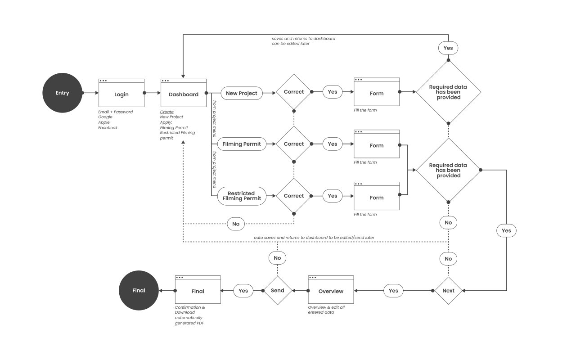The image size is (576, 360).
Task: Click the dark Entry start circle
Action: [62, 93]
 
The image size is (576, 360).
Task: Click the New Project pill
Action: [241, 93]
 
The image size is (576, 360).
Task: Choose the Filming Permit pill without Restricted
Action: [241, 144]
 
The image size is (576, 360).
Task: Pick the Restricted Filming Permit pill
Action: [241, 196]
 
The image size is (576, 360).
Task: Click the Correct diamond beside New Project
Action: [293, 92]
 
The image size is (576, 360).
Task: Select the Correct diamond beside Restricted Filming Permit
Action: [293, 196]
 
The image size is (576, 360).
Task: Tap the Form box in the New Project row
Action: [377, 93]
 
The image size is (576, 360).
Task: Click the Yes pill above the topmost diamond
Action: [448, 48]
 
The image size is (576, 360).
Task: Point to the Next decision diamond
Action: [448, 291]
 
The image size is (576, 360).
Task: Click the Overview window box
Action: [331, 291]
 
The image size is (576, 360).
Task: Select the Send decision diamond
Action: [277, 291]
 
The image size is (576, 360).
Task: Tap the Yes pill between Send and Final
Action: [243, 291]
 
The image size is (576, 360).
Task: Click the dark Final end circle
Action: [139, 291]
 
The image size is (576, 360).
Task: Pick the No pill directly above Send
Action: [277, 258]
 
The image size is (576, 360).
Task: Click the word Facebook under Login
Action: [108, 128]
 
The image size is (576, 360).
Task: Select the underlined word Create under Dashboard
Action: [167, 112]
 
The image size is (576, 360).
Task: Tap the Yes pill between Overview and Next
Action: [393, 291]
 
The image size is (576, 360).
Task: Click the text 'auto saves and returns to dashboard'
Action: [292, 237]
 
